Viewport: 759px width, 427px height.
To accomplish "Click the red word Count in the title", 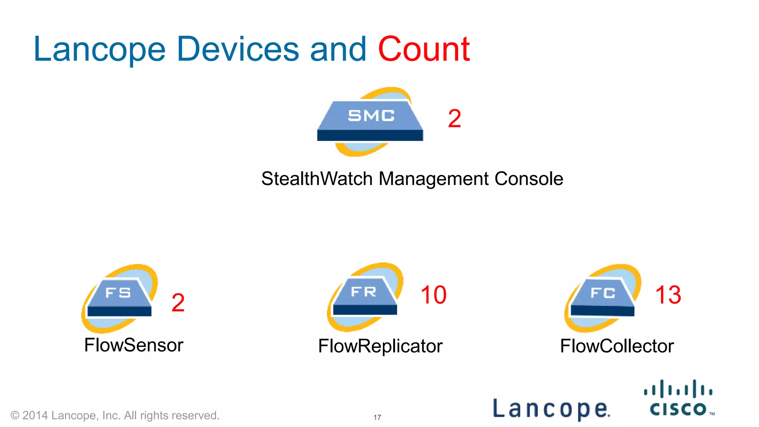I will (424, 49).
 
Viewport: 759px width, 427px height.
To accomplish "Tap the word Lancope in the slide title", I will (99, 50).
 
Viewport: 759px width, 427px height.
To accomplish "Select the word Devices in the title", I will (238, 49).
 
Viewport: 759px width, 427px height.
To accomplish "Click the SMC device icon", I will (370, 121).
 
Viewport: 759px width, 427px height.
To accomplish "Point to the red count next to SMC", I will (454, 119).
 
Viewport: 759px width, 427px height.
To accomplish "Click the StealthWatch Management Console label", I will (412, 179).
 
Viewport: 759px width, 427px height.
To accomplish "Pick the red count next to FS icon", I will (178, 302).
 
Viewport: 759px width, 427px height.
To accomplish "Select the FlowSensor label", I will (134, 345).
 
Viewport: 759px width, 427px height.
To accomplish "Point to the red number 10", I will (433, 295).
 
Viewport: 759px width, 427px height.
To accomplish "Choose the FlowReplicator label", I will (380, 346).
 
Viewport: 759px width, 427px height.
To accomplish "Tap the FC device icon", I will (603, 298).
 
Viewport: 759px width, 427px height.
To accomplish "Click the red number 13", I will (668, 295).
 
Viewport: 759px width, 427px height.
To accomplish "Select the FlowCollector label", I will (617, 346).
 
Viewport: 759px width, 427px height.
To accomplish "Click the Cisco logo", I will (679, 398).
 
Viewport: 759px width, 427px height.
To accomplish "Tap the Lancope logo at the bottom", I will (551, 408).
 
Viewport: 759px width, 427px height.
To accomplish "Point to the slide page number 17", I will (377, 417).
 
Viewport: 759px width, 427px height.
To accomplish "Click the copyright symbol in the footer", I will (15, 415).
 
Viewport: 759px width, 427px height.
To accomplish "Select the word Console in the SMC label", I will (529, 179).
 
